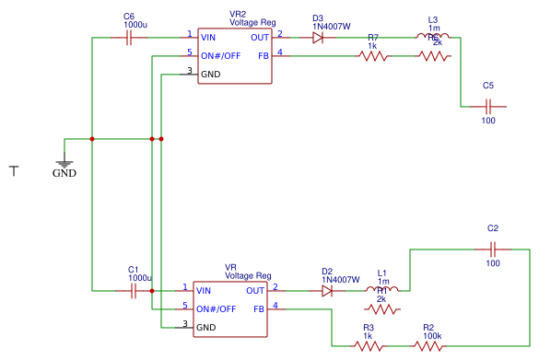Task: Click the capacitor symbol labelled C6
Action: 129,38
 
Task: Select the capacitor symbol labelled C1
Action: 133,291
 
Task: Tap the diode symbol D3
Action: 318,38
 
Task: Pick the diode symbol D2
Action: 327,291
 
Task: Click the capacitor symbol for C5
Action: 488,106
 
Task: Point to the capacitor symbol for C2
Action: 493,249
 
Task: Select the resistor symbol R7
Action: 373,56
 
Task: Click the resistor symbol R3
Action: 369,346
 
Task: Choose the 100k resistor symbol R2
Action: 428,346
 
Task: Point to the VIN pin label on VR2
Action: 208,38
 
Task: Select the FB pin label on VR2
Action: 264,56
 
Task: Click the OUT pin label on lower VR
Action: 255,291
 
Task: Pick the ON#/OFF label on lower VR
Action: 218,308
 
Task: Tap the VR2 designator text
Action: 238,15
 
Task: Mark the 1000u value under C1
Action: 140,277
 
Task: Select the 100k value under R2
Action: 431,336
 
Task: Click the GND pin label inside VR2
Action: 209,74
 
